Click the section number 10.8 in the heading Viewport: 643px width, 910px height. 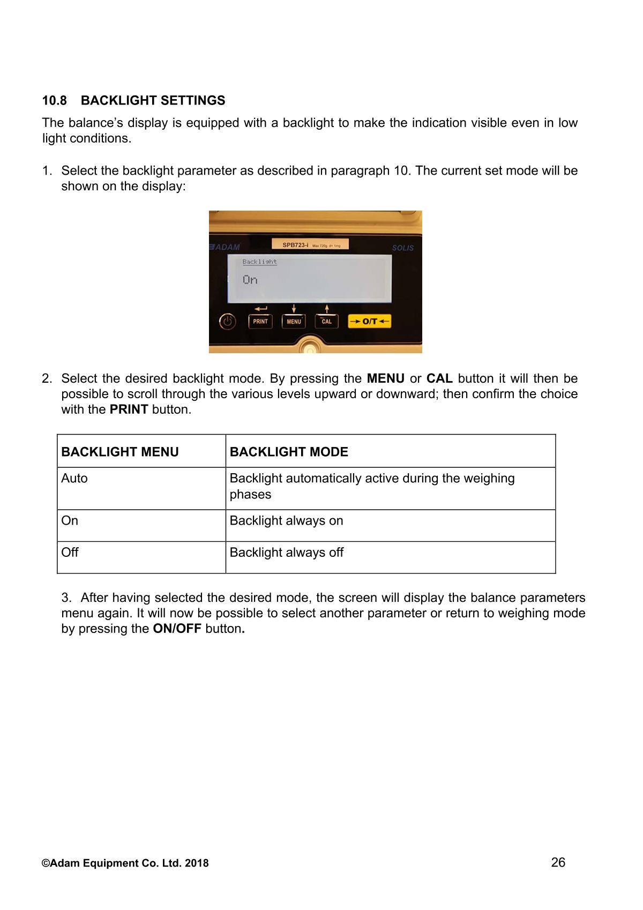tap(55, 101)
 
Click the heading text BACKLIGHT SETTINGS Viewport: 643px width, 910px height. tap(153, 101)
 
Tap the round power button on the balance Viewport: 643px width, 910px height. tap(228, 322)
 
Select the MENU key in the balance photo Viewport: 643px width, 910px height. tap(294, 321)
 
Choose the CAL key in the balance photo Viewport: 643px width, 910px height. tap(326, 321)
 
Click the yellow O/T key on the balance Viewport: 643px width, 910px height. tap(370, 321)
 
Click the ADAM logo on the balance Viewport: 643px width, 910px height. tap(225, 247)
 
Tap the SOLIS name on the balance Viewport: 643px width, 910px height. tap(402, 248)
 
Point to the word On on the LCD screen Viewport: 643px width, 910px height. tap(250, 280)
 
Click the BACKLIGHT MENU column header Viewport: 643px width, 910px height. tap(120, 452)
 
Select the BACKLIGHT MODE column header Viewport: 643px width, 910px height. tap(289, 452)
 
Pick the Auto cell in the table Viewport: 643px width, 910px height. tap(74, 478)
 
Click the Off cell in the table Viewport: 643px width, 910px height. tap(70, 552)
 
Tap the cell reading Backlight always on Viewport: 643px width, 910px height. tap(286, 520)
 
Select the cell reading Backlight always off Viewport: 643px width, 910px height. tap(286, 552)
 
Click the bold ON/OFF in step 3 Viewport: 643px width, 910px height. tap(177, 629)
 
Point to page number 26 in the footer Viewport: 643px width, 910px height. tap(558, 862)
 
